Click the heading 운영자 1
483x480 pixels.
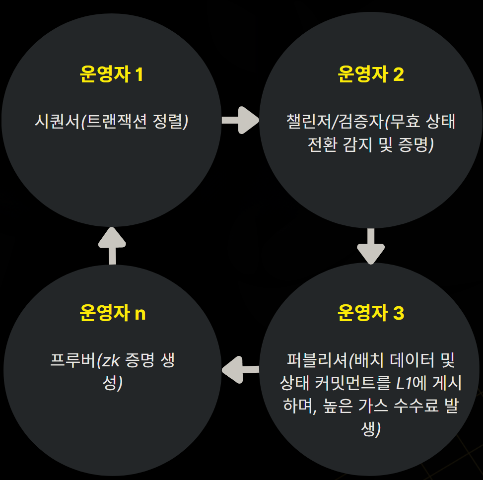point(111,74)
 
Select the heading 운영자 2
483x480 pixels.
point(370,74)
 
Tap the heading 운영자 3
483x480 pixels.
point(370,314)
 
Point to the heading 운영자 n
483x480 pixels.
point(112,314)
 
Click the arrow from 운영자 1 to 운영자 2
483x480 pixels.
point(240,120)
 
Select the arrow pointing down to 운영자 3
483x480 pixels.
point(371,246)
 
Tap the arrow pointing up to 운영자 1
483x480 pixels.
point(112,245)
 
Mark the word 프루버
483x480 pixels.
point(72,360)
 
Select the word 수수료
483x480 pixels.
point(410,407)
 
